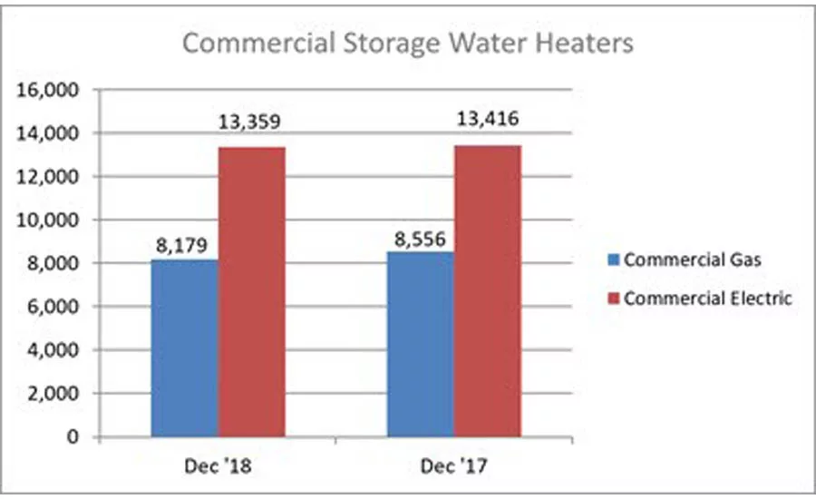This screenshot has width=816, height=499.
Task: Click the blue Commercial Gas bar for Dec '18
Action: (x=185, y=348)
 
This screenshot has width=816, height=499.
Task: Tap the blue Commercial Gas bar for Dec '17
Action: (x=420, y=344)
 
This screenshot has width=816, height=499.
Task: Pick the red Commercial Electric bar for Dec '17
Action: (x=488, y=291)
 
